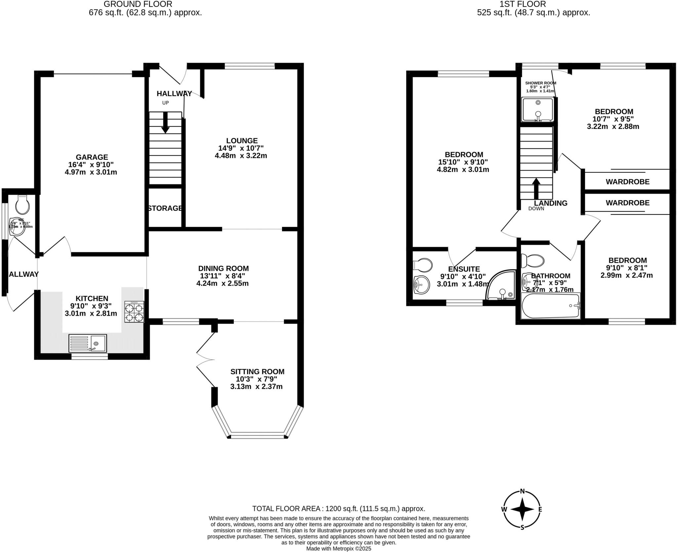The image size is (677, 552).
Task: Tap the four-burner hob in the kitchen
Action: pyautogui.click(x=134, y=311)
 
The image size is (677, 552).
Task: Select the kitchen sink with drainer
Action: pyautogui.click(x=88, y=343)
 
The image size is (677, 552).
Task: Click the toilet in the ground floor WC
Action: pyautogui.click(x=22, y=205)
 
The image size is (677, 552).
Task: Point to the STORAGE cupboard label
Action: pyautogui.click(x=165, y=208)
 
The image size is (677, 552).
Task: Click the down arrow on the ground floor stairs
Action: pyautogui.click(x=165, y=123)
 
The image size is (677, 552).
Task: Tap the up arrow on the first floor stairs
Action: pyautogui.click(x=536, y=188)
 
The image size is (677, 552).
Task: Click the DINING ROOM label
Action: pyautogui.click(x=223, y=268)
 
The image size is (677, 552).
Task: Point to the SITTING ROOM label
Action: pyautogui.click(x=257, y=372)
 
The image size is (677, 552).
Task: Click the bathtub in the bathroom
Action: pyautogui.click(x=550, y=306)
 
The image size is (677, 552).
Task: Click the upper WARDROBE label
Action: pyautogui.click(x=627, y=181)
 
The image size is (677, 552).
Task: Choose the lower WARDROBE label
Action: pyautogui.click(x=627, y=203)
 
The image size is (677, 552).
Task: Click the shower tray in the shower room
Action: pyautogui.click(x=537, y=109)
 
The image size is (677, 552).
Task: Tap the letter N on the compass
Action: pyautogui.click(x=522, y=500)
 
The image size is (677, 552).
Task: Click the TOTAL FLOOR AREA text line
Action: pyautogui.click(x=338, y=508)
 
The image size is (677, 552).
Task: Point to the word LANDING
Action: pyautogui.click(x=550, y=203)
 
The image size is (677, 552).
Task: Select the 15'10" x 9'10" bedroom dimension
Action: pyautogui.click(x=463, y=162)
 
